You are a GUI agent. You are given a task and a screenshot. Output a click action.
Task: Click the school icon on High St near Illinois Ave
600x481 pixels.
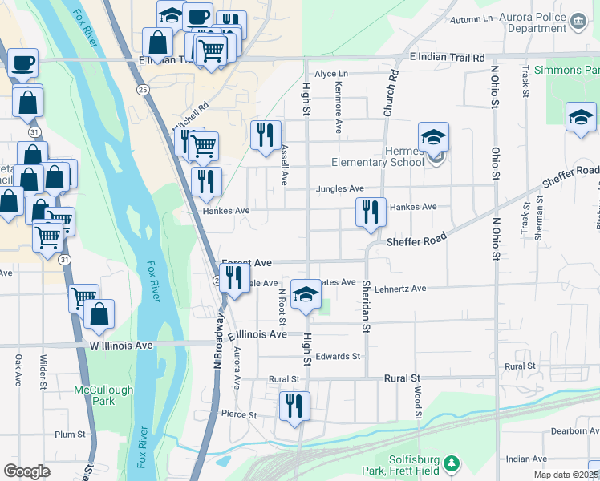[305, 295]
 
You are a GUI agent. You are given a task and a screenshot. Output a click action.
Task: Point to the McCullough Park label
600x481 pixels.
[103, 394]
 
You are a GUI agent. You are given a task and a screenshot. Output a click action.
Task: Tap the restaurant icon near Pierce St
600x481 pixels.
[294, 406]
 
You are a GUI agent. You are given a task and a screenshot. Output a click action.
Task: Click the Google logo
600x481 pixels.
[26, 471]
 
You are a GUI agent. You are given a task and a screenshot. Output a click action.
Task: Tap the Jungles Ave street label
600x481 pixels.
[340, 189]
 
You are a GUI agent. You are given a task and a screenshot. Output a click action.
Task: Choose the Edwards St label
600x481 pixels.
[339, 356]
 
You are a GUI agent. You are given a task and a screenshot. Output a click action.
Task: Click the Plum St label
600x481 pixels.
[70, 435]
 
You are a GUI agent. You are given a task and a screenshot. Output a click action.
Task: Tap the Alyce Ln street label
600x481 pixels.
[331, 74]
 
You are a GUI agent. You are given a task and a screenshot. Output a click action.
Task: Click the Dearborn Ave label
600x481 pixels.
[573, 431]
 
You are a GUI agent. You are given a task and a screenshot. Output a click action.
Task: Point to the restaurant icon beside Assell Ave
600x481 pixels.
[266, 135]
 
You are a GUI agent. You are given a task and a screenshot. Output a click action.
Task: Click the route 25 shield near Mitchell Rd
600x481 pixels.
[143, 89]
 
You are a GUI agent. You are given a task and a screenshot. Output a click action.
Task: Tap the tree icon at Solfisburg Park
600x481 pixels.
[452, 463]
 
